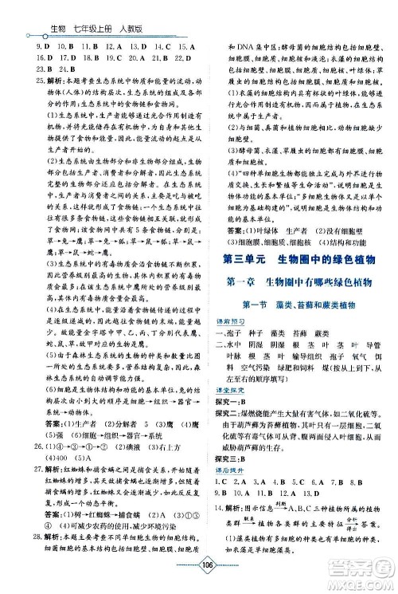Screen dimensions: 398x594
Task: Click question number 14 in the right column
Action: point(224,529)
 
